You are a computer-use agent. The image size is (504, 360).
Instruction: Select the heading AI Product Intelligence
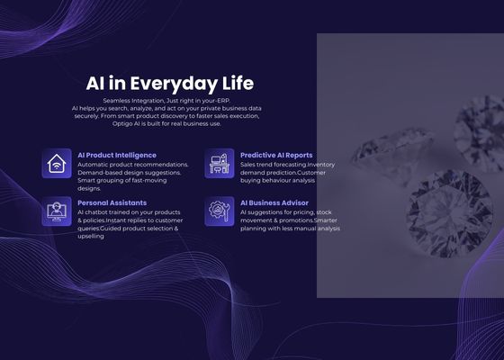[117, 155]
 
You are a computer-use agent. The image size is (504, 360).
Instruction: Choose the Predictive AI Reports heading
[276, 155]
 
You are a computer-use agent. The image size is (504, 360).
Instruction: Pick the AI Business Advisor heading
[274, 202]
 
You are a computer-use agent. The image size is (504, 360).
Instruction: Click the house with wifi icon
[57, 164]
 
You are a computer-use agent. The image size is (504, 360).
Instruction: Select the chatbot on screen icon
[57, 211]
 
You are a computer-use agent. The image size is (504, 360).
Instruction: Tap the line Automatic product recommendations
[132, 165]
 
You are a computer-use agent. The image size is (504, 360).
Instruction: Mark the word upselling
[91, 236]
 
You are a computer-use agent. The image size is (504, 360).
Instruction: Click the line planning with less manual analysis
[290, 229]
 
